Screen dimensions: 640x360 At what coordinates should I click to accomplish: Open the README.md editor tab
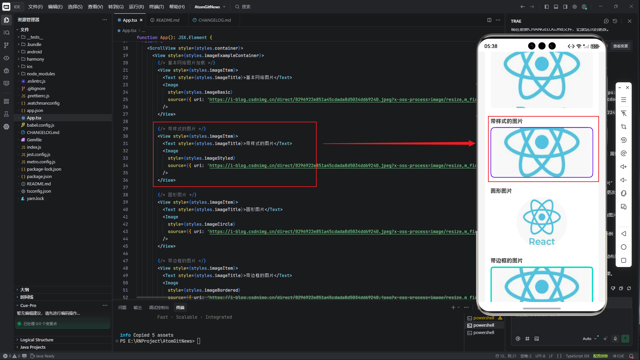(x=167, y=20)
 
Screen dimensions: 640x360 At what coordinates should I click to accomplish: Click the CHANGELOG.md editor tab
(x=214, y=20)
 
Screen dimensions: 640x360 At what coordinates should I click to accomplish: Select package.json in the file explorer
(x=39, y=176)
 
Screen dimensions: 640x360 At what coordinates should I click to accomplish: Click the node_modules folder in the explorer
(x=41, y=74)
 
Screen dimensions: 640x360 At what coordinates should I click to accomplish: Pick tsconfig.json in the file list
(x=39, y=191)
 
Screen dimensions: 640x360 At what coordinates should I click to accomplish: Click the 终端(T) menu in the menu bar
(x=156, y=7)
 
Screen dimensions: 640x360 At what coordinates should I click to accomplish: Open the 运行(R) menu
(x=136, y=7)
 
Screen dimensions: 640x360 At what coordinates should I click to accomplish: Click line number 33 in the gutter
(x=125, y=158)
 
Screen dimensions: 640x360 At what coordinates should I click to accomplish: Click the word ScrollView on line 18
(x=163, y=48)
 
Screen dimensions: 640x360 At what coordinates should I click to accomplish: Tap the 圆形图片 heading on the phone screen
(x=501, y=191)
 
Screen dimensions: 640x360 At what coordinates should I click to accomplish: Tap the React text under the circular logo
(x=542, y=242)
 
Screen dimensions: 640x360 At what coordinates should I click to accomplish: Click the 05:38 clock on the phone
(x=491, y=46)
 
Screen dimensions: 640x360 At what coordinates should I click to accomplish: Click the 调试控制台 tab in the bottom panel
(x=159, y=307)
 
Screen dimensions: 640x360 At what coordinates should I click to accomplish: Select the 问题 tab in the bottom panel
(x=122, y=307)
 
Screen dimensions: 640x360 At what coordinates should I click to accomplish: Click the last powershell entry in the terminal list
(x=484, y=332)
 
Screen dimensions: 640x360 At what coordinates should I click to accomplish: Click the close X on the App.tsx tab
(x=141, y=20)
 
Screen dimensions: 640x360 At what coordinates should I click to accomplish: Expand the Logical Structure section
(x=37, y=340)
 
